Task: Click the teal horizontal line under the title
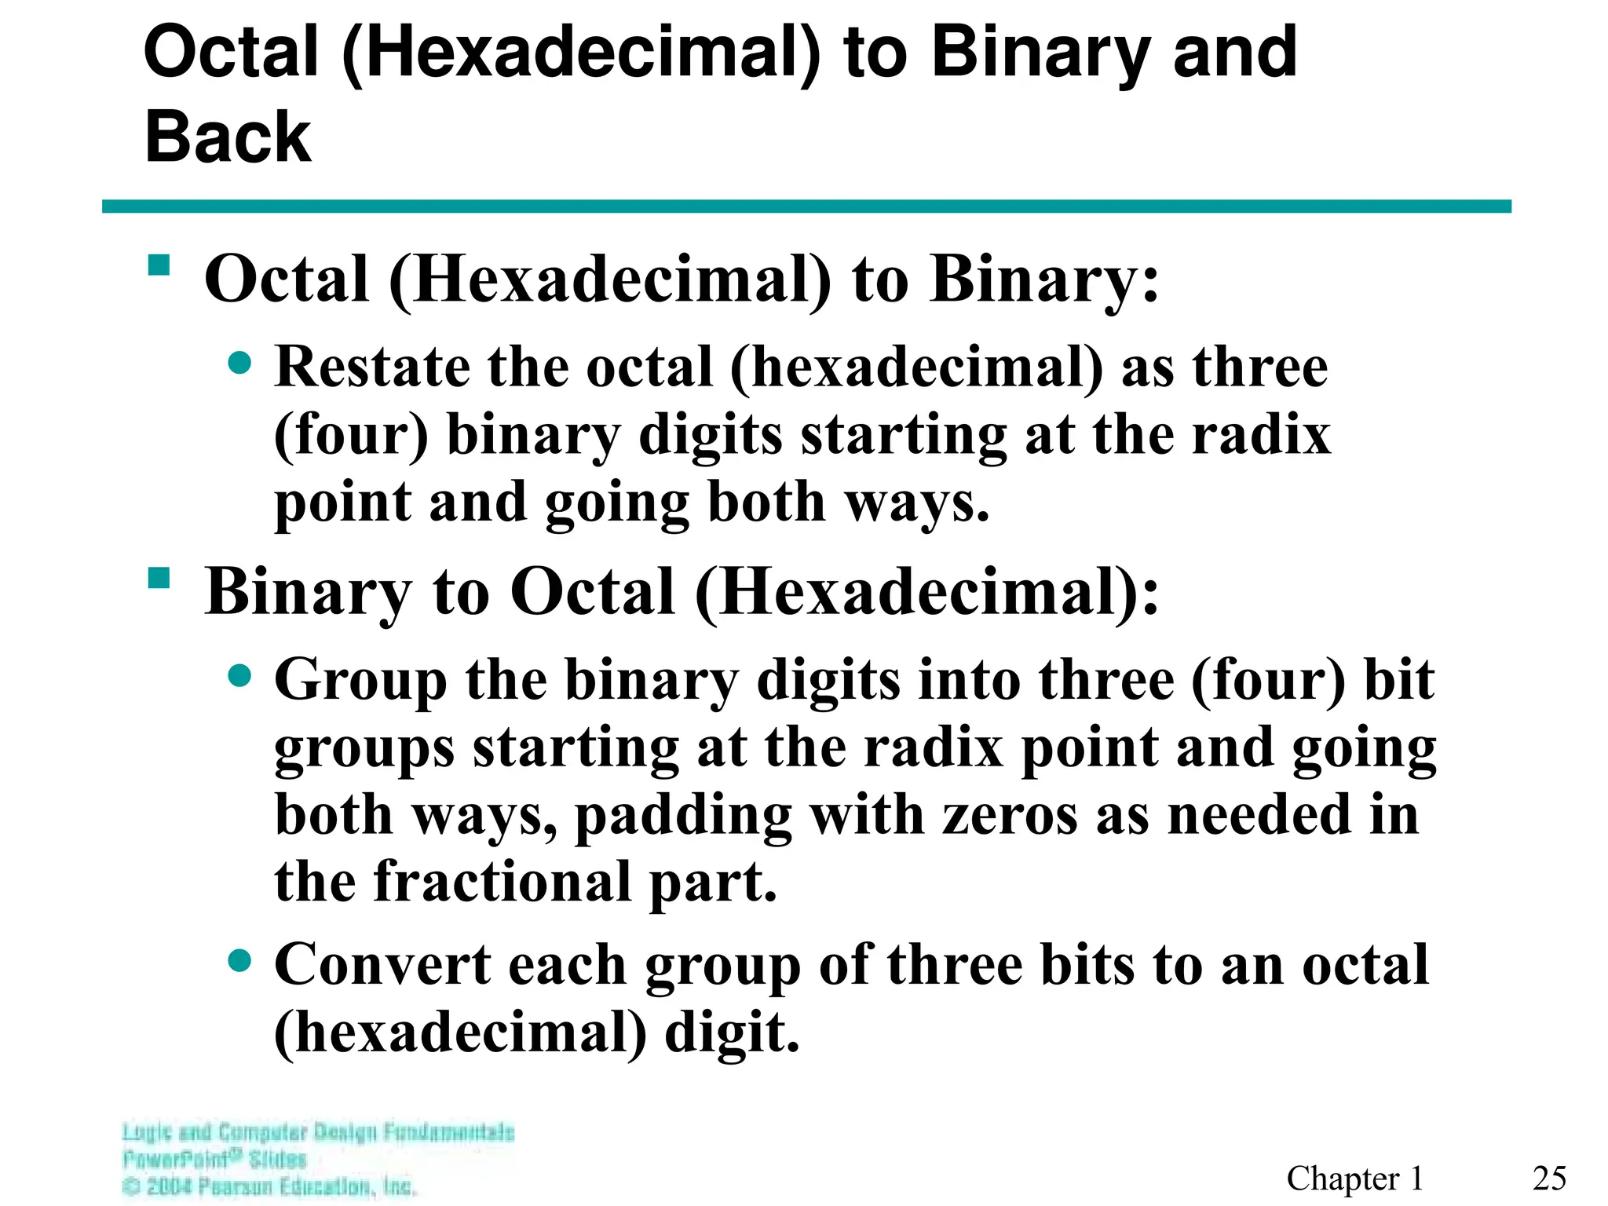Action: pos(806,206)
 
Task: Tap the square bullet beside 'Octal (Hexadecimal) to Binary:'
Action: pos(159,265)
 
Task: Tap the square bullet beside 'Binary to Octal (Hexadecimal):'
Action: pos(159,579)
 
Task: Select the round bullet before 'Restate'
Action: pos(239,364)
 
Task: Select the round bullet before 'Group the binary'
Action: pos(239,676)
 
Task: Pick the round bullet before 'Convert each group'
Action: pos(239,960)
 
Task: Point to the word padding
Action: pos(683,817)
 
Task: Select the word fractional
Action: pos(502,882)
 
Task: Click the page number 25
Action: pos(1549,1179)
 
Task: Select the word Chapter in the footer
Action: pos(1343,1179)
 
